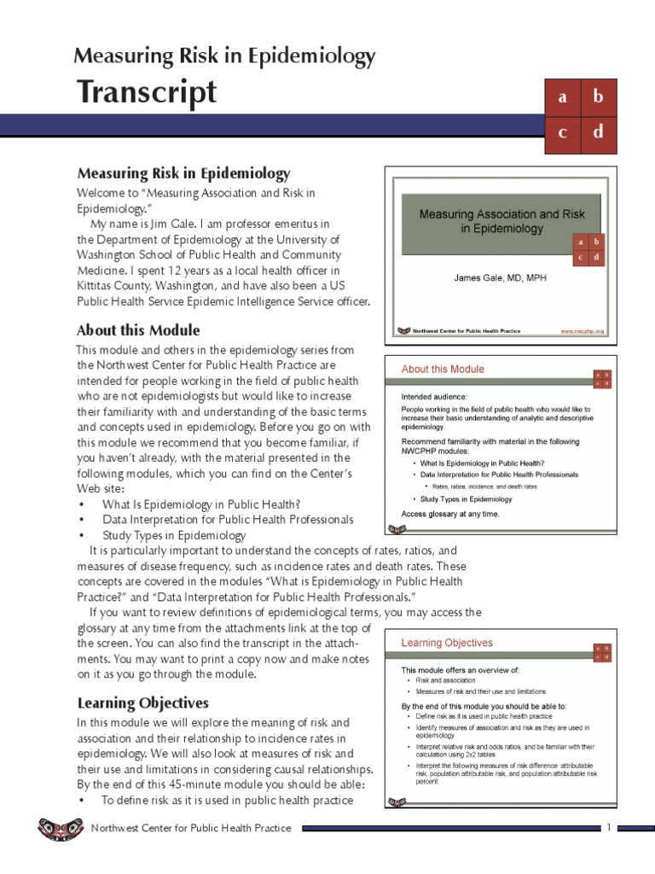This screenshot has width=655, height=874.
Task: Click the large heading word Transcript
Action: point(147,92)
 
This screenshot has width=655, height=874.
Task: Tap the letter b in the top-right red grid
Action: point(598,97)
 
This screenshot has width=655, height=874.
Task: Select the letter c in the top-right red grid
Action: point(562,132)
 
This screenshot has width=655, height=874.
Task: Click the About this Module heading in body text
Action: point(138,330)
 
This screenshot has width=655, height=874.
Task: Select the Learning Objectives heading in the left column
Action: point(142,703)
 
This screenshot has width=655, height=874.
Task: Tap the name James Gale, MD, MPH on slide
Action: point(501,278)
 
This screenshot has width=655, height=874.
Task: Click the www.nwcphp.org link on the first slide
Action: point(582,330)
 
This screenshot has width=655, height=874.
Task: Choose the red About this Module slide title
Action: point(443,370)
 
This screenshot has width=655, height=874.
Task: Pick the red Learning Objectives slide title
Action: point(447,643)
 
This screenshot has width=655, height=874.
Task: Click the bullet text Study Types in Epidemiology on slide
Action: point(466,499)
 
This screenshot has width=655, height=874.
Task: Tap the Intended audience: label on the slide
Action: point(434,397)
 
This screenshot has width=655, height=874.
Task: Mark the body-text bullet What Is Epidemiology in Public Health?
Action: point(201,504)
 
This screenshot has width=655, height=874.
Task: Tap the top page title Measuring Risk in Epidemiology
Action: point(224,56)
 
